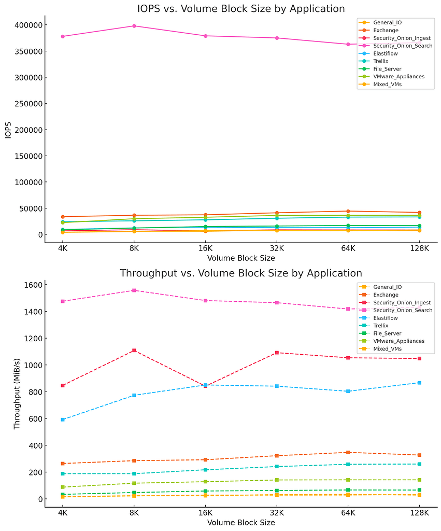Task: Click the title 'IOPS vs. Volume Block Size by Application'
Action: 241,9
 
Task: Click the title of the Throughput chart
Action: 241,273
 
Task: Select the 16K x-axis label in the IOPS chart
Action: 205,248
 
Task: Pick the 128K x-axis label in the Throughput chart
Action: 419,513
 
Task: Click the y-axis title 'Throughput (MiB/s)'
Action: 17,394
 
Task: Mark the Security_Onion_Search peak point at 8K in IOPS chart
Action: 134,26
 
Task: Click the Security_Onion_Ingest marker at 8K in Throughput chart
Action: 134,351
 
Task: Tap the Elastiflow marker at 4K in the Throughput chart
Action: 63,420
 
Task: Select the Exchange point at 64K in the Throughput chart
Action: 348,452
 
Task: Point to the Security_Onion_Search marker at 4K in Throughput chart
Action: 63,301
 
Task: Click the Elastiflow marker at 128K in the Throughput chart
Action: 419,383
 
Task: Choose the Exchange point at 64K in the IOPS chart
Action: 348,211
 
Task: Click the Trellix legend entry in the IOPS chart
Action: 380,61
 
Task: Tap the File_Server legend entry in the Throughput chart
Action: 387,333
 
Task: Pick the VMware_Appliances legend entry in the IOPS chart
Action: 398,77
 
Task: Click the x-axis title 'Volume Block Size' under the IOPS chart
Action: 241,258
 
